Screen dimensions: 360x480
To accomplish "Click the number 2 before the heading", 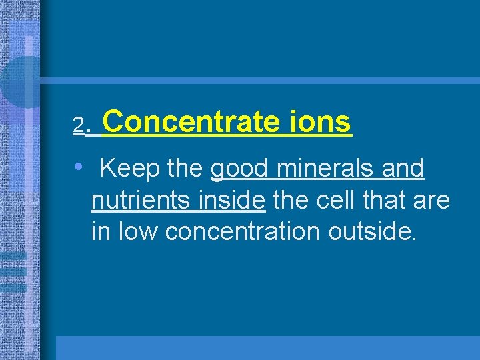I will (79, 125).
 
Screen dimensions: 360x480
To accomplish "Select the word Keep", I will (129, 169).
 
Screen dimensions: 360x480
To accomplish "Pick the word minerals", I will (325, 169).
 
